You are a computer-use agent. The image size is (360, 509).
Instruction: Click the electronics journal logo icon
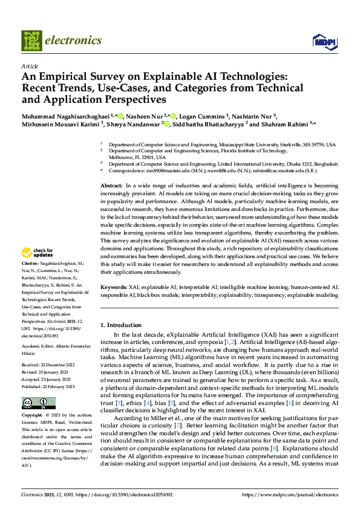tap(31, 41)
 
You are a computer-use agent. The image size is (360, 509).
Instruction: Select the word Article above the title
tap(29, 66)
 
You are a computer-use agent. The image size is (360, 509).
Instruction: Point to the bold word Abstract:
tap(111, 185)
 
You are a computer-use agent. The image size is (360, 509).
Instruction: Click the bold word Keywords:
tap(113, 287)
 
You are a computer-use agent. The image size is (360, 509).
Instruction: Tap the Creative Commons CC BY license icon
tap(38, 403)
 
